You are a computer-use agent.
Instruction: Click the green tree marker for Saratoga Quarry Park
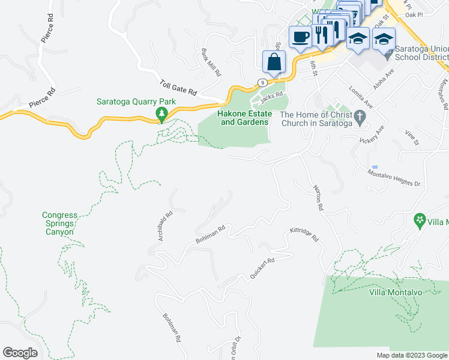[160, 114]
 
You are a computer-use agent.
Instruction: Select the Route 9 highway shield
[262, 82]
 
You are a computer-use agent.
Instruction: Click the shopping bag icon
[274, 62]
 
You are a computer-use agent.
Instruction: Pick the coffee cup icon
[300, 37]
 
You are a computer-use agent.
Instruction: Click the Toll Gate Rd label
[178, 88]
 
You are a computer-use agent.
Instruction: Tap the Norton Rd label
[318, 197]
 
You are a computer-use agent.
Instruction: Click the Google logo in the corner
[20, 353]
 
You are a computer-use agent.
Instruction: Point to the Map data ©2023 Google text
[411, 355]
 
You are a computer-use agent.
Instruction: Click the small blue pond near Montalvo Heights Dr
[375, 166]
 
